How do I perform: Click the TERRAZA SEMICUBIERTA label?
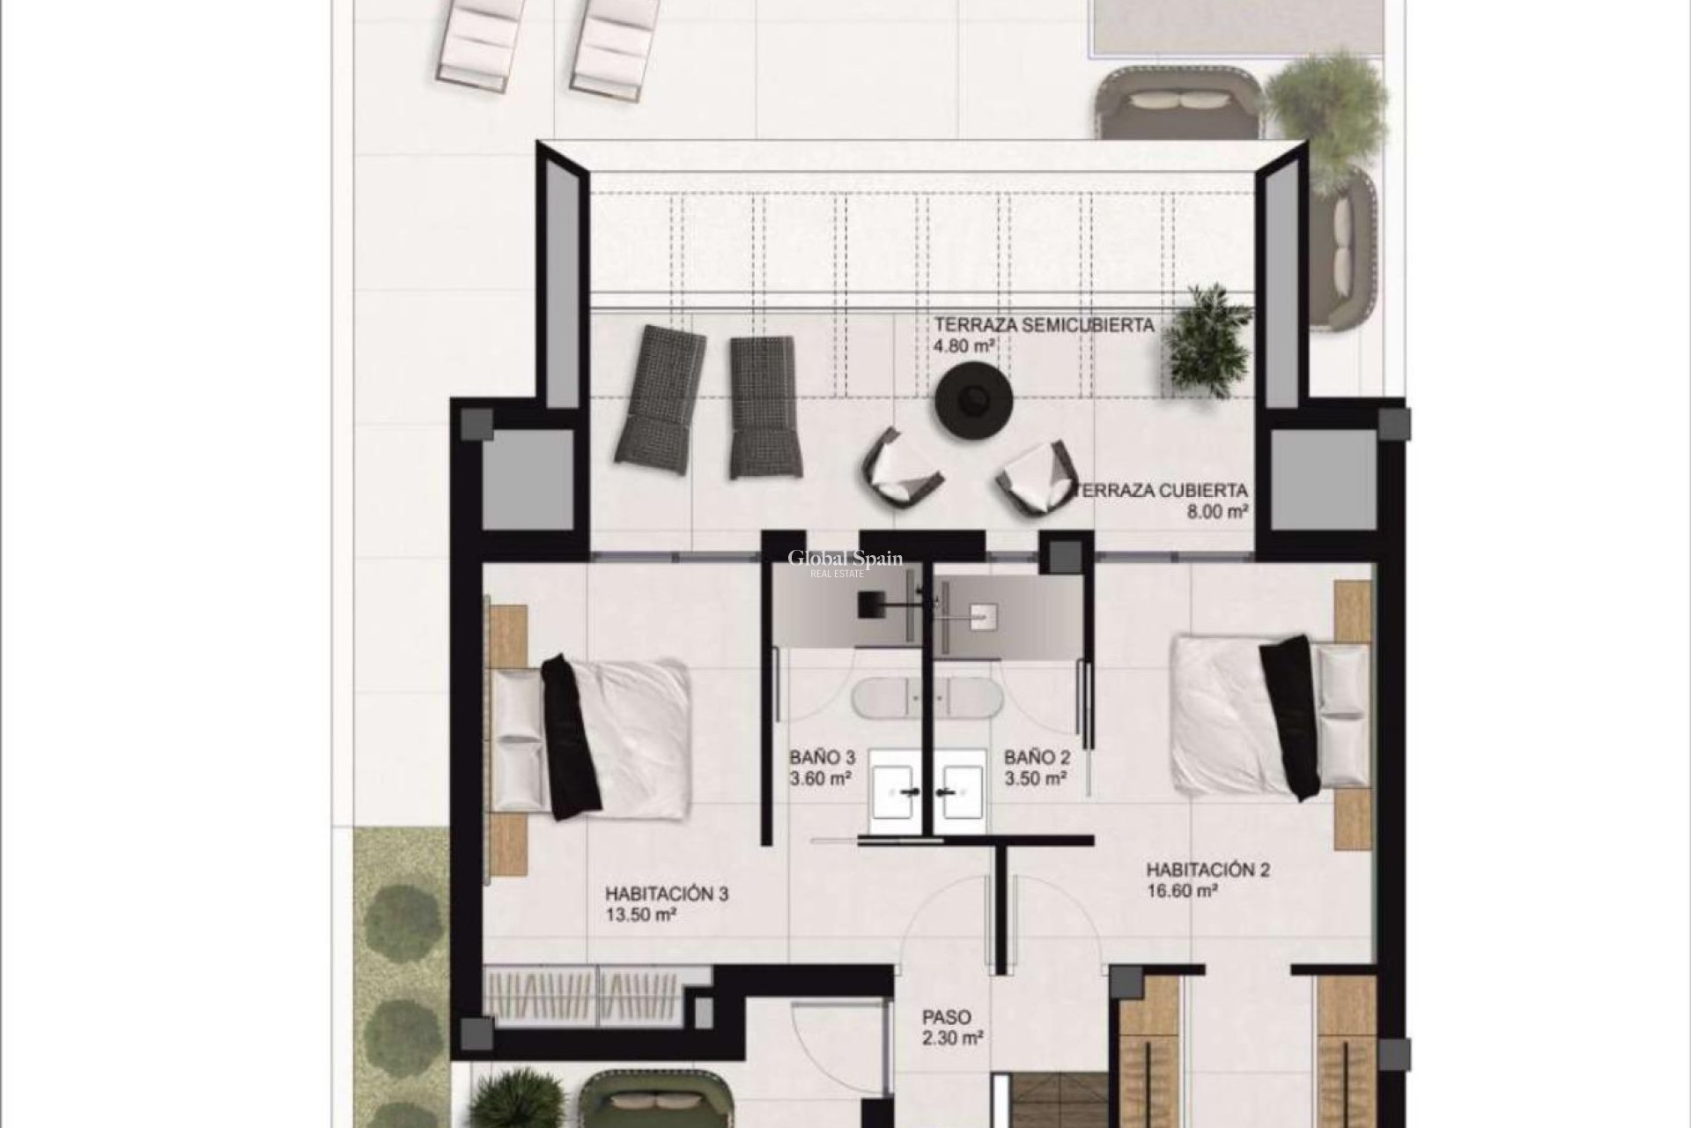point(1044,324)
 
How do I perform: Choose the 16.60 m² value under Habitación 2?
point(1181,891)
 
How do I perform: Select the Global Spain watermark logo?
point(844,562)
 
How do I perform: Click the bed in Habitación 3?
point(599,737)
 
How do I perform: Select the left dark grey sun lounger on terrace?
point(661,399)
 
